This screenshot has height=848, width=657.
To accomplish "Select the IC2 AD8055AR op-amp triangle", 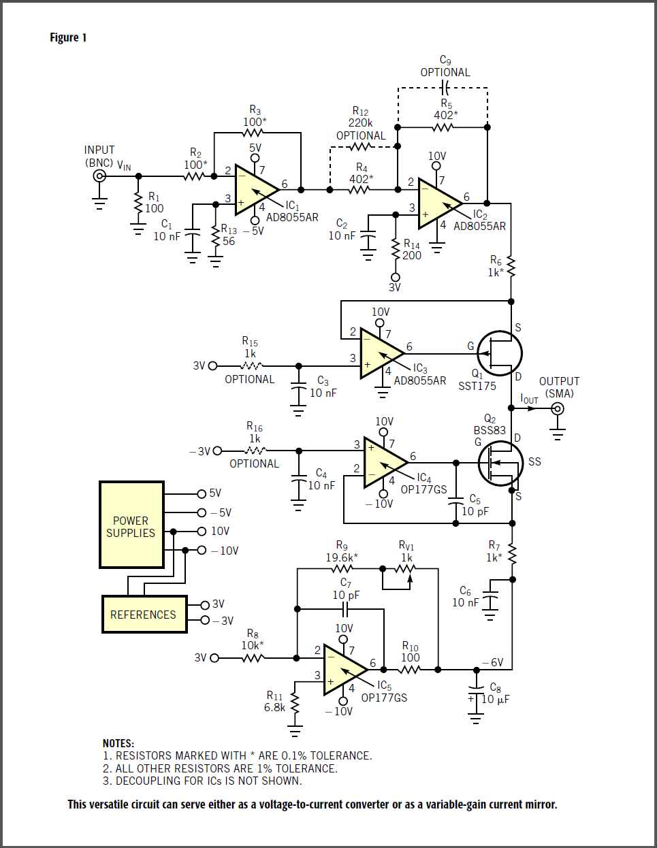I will tap(436, 202).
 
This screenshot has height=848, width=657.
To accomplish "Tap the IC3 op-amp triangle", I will tap(379, 353).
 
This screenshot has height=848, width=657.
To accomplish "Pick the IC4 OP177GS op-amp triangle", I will tap(382, 463).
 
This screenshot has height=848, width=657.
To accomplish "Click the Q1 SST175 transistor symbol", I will tap(499, 353).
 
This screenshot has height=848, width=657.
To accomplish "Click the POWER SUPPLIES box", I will tap(131, 525).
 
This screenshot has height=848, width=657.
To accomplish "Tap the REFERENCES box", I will tap(144, 615).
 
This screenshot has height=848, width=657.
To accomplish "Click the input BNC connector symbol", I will tap(100, 176).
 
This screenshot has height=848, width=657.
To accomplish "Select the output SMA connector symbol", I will tap(558, 408).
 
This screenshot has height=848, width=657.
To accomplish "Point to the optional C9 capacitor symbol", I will tap(445, 88).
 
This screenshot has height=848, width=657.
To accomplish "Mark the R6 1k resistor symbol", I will tap(511, 267).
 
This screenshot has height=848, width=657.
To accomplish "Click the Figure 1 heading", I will tap(68, 37).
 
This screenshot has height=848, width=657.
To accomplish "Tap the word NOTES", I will tap(118, 743).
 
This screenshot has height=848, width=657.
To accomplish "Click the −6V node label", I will tap(493, 662).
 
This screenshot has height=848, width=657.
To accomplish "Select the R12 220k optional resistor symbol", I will tap(361, 146).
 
